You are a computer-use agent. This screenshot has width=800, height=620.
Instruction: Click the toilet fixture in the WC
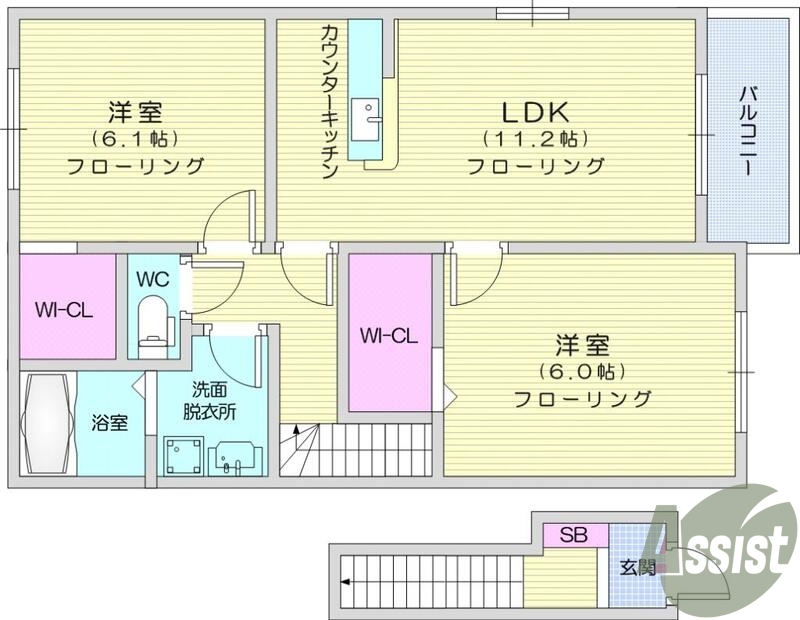[155, 323]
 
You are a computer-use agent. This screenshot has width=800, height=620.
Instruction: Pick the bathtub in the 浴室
[47, 424]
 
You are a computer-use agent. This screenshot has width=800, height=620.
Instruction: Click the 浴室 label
[110, 423]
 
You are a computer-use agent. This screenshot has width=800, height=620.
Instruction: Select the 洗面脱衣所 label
[210, 400]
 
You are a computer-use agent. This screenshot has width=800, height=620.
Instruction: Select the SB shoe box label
[573, 534]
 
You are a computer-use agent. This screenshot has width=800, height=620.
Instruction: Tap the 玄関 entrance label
[637, 567]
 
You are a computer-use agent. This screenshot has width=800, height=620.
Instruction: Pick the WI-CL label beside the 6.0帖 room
[388, 336]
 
